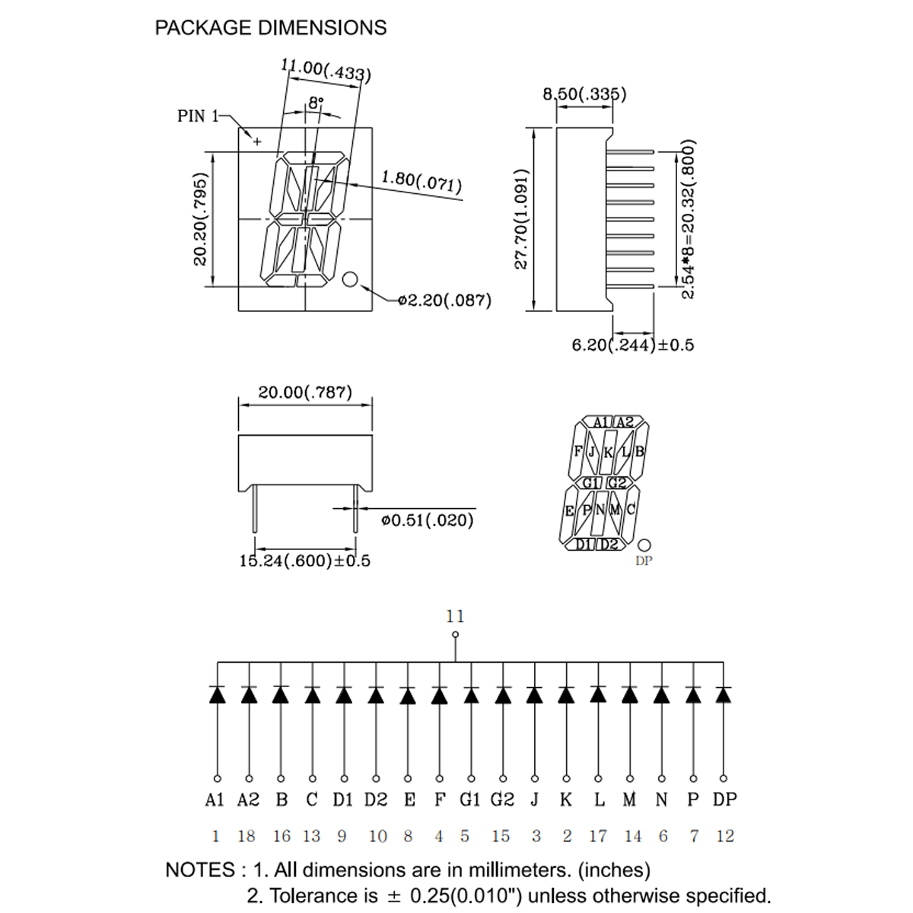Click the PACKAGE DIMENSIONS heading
point(271,27)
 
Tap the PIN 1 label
point(198,116)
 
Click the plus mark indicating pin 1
point(257,142)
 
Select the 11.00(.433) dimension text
point(326,70)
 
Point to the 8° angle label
point(316,103)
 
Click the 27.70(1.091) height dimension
point(520,219)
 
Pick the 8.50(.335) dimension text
point(584,94)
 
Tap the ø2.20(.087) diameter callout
point(444,301)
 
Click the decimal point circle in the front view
point(350,279)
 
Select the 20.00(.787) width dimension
point(305,393)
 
